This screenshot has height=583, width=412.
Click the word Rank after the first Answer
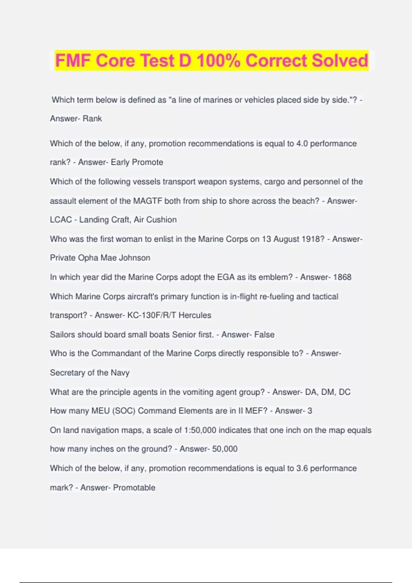coord(92,119)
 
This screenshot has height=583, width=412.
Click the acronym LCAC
coord(61,220)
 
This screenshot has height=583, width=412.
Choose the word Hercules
coord(195,315)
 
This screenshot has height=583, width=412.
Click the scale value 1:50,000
coord(200,430)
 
